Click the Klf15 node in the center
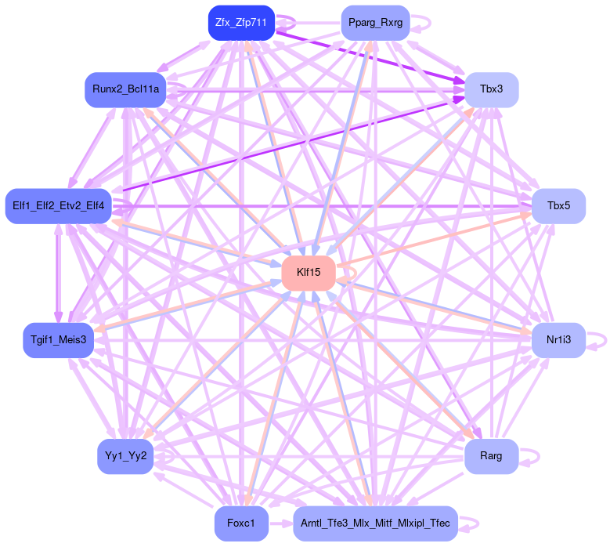(x=309, y=272)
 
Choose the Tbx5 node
(x=558, y=206)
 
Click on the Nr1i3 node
(x=558, y=339)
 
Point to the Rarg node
(x=491, y=456)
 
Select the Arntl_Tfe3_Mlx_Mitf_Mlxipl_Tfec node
(x=375, y=523)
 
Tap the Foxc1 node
(x=241, y=523)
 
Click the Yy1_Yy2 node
(x=125, y=456)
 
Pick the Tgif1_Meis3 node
(x=59, y=339)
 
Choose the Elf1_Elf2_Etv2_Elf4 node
(x=58, y=206)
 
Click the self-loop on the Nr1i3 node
(x=601, y=339)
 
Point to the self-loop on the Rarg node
(x=534, y=456)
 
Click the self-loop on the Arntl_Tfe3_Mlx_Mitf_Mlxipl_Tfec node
(x=473, y=523)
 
